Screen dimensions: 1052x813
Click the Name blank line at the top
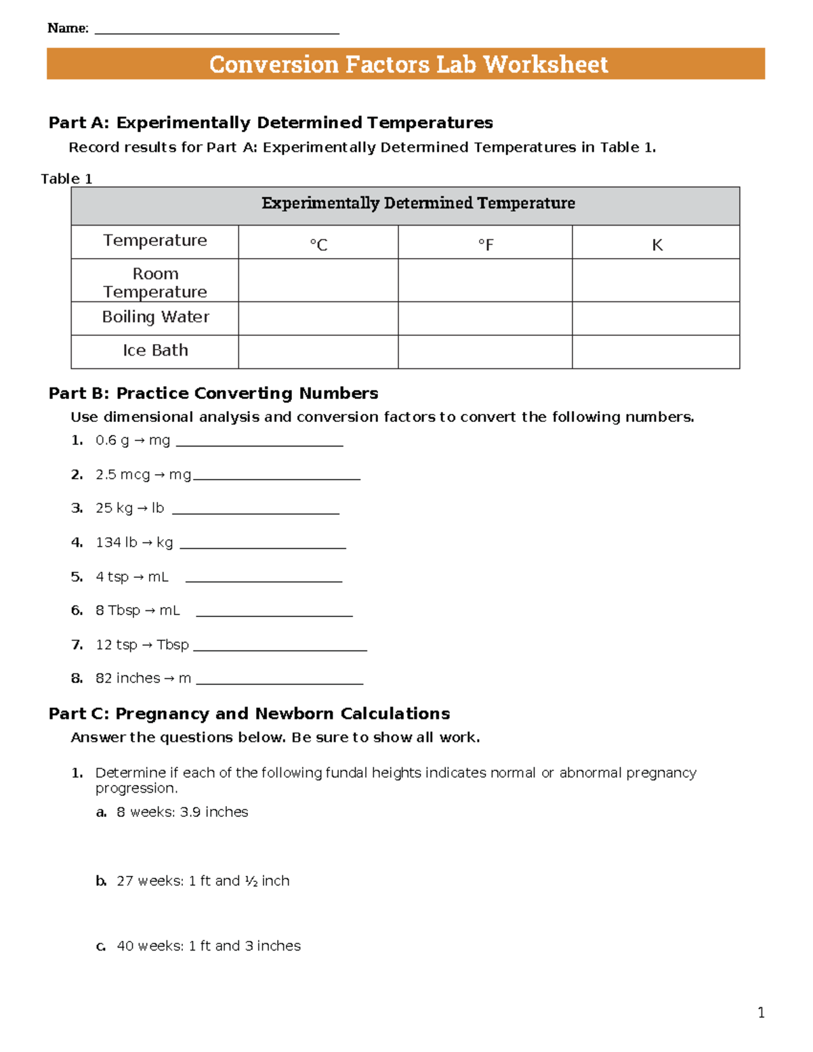point(217,30)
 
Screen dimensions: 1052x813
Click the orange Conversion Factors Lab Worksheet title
point(408,64)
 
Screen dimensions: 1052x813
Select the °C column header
point(318,244)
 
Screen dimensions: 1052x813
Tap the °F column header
point(486,244)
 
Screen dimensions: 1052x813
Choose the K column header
point(656,245)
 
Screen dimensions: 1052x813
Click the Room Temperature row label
point(155,282)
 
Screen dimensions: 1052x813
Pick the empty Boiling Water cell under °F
point(485,318)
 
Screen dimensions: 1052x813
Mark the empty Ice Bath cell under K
point(656,352)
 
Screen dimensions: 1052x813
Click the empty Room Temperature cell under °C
point(318,280)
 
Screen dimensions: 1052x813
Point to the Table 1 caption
point(66,179)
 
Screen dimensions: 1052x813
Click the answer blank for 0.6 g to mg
point(259,442)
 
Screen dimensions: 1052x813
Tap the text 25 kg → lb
point(129,508)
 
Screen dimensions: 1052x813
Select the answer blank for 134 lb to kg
point(263,545)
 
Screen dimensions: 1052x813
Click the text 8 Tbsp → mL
point(138,610)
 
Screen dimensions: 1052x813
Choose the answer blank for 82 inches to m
point(279,680)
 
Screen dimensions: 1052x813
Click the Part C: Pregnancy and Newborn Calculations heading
point(249,713)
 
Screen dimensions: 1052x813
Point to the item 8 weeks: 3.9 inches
point(182,812)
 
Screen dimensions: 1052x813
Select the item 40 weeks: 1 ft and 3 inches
point(209,946)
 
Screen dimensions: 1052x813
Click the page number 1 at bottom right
point(761,1013)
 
